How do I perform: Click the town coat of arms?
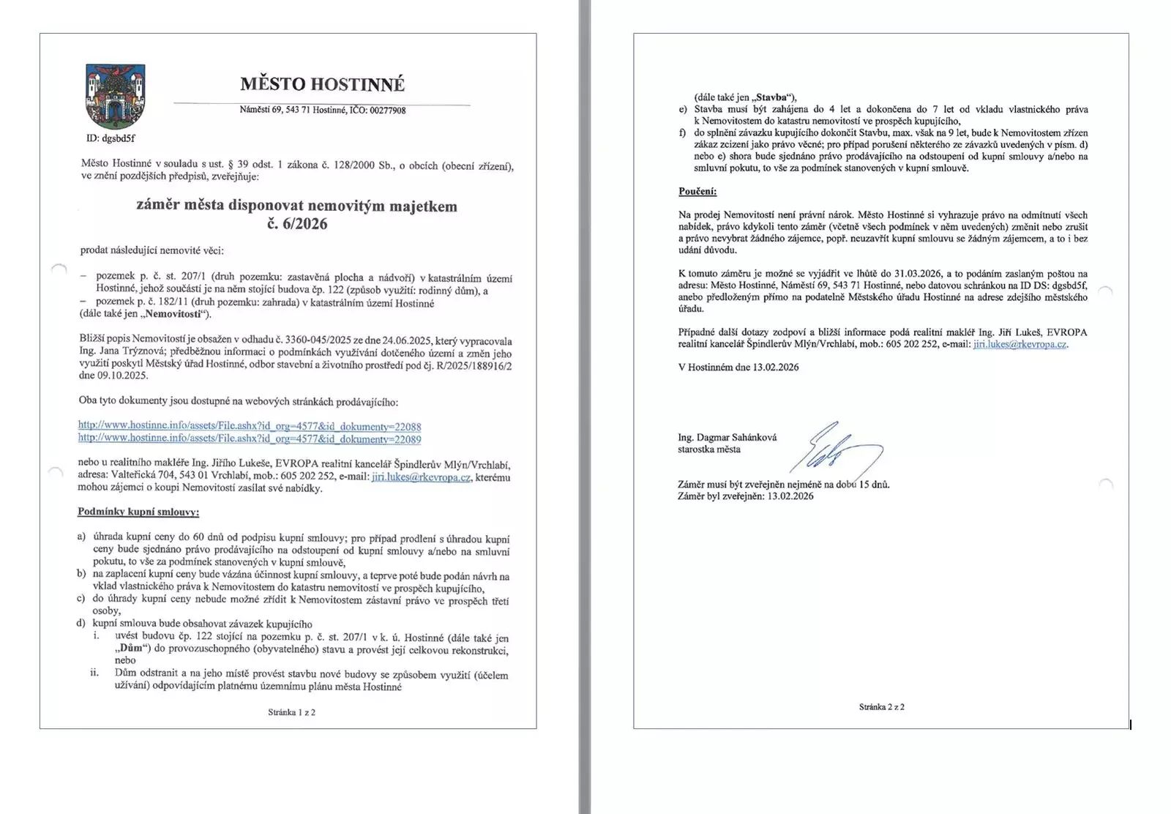point(116,96)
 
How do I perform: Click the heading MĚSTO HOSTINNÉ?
point(322,84)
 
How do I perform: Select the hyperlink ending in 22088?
point(250,426)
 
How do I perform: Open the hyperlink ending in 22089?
point(250,438)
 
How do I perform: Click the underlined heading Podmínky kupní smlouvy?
point(138,512)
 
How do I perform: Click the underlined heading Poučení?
point(697,192)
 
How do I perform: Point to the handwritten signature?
point(834,450)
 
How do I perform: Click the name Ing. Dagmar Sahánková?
point(727,437)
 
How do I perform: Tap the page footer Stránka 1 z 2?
point(291,712)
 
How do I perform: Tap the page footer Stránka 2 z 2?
point(881,706)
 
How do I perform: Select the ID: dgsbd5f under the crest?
point(111,138)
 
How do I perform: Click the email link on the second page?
point(1020,344)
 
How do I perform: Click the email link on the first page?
point(421,477)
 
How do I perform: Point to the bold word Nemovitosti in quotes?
point(174,314)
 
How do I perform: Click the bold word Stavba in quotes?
point(771,97)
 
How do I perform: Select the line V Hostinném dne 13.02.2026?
point(738,367)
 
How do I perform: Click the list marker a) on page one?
point(81,537)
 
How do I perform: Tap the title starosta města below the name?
point(708,449)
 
